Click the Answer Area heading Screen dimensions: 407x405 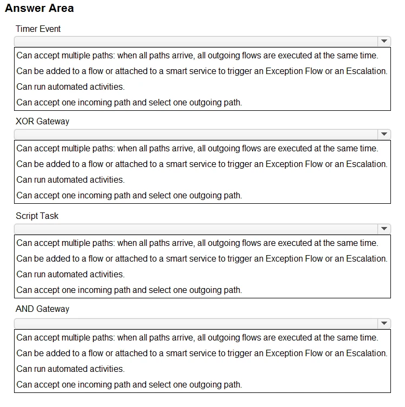point(39,8)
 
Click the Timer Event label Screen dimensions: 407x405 point(38,29)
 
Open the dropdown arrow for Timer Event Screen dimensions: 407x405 point(384,41)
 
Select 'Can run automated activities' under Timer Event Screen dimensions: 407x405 point(70,86)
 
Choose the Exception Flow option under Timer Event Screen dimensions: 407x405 point(202,71)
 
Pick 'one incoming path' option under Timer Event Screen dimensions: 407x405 point(129,102)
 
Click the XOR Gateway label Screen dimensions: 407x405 point(42,121)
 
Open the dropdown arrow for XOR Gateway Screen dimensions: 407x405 point(384,134)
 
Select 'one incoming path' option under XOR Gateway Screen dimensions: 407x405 point(129,195)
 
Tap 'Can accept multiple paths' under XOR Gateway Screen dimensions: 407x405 point(197,148)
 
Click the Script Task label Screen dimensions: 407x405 point(37,216)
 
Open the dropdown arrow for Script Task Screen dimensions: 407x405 point(384,229)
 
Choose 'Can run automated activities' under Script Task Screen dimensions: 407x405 point(70,274)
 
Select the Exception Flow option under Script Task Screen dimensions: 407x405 point(202,258)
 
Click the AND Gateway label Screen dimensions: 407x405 point(42,309)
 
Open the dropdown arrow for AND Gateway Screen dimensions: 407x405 point(384,323)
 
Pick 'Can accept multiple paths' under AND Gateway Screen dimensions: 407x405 point(197,337)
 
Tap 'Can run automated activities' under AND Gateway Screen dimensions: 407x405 point(70,369)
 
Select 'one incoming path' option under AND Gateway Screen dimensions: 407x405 point(129,384)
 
